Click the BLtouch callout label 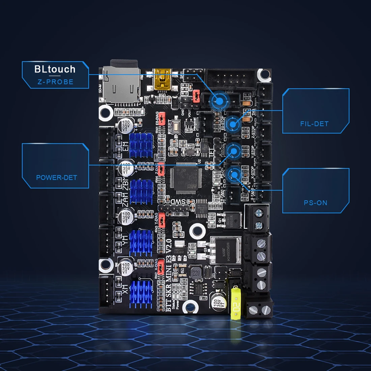[55, 69]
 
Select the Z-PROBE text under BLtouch [56, 82]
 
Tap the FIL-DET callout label [314, 124]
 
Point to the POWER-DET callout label [57, 177]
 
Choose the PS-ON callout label [315, 203]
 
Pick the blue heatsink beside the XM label [141, 293]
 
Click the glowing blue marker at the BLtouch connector [220, 100]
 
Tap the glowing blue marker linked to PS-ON [233, 174]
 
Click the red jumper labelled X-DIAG [161, 265]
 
